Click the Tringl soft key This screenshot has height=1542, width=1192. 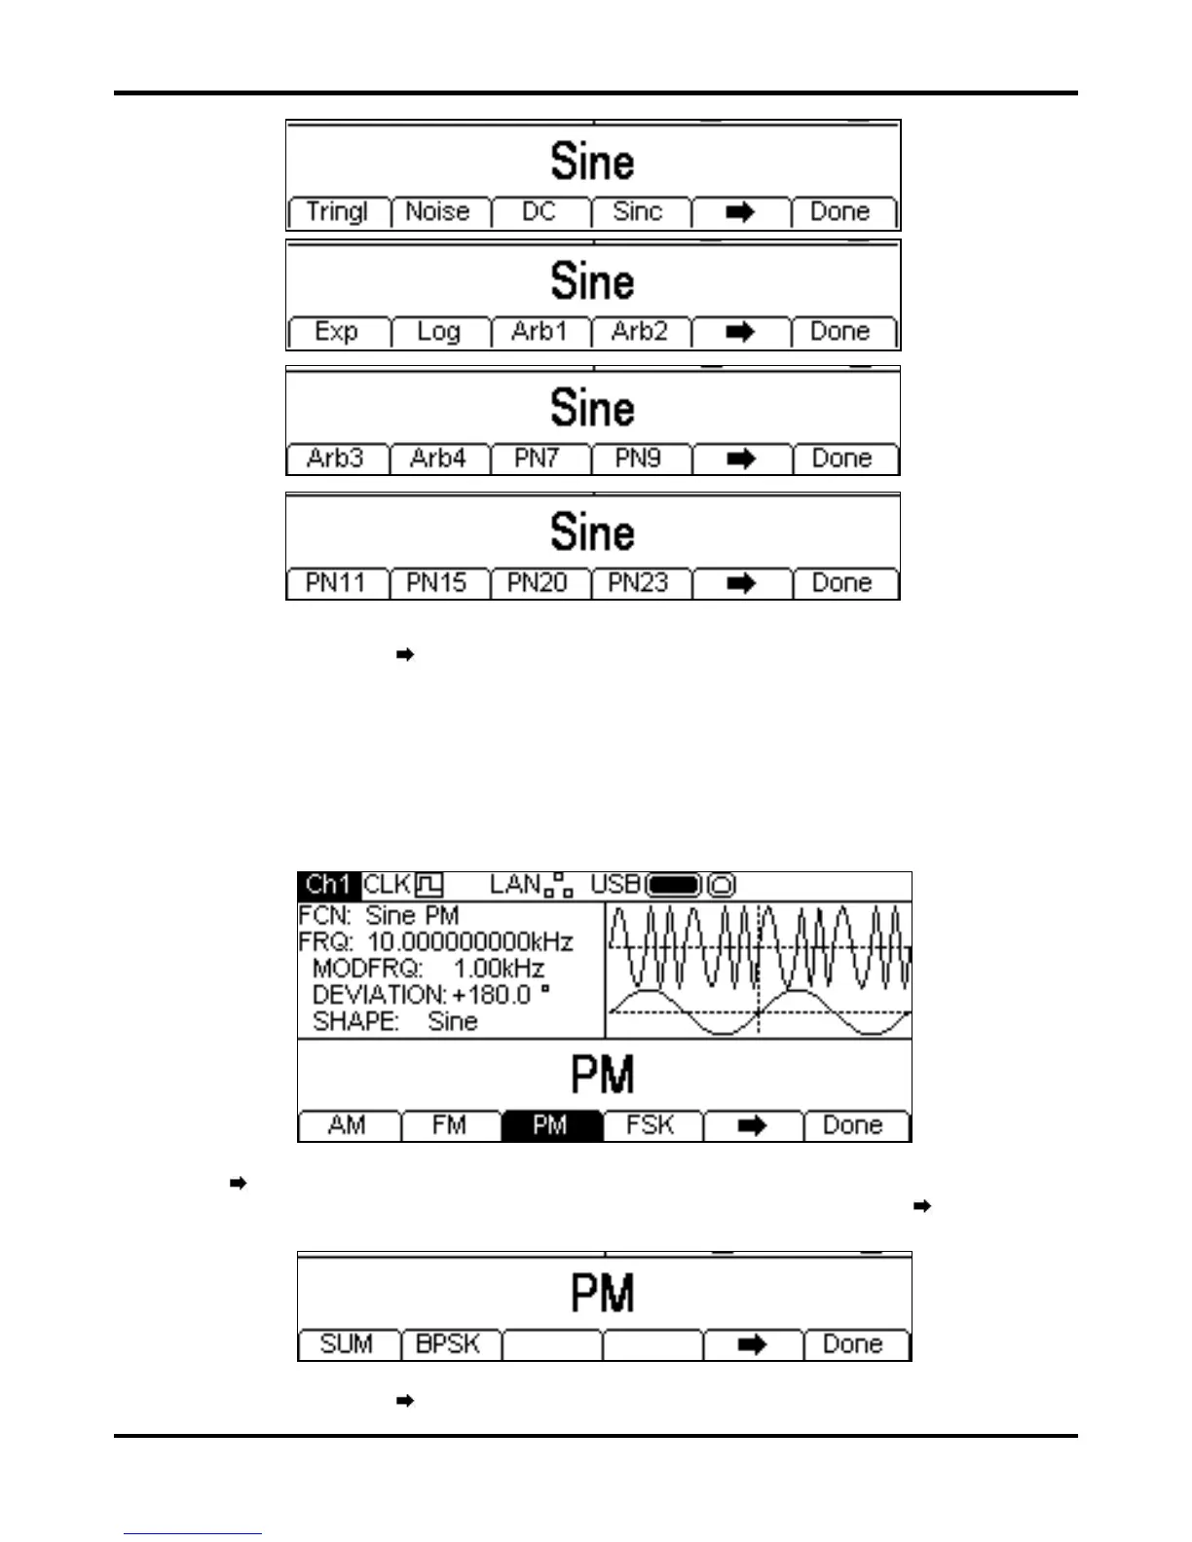(337, 212)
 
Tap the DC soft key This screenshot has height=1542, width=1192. (540, 212)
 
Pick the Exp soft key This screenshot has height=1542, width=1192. (337, 332)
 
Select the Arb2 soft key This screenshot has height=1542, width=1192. (640, 332)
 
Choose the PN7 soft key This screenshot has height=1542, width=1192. (539, 459)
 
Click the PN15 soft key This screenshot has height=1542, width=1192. (437, 583)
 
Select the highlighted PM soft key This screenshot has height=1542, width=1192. (550, 1126)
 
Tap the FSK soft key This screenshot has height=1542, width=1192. (651, 1126)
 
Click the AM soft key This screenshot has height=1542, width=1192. (348, 1126)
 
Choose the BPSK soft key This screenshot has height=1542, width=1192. (449, 1344)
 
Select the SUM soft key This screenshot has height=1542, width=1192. (348, 1344)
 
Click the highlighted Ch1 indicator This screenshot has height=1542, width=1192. (328, 885)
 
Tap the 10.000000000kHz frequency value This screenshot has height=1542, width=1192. (469, 942)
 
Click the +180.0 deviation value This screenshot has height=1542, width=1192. (492, 995)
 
